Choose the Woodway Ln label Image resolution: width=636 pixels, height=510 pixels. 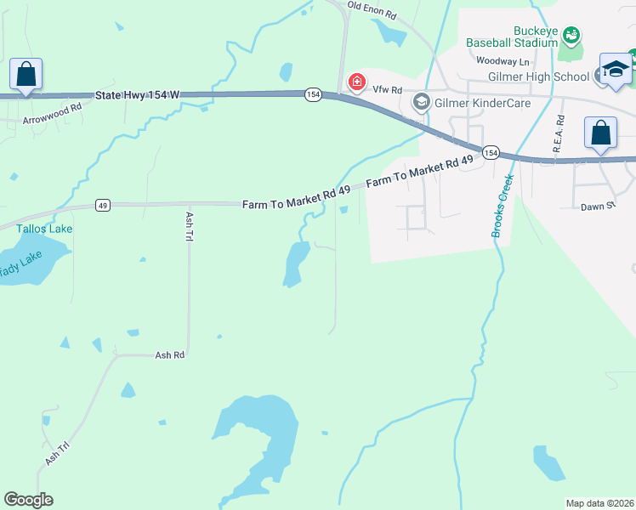[x=503, y=61]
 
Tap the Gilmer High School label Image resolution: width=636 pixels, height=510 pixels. [x=538, y=76]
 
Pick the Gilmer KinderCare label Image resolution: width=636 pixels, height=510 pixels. [x=482, y=103]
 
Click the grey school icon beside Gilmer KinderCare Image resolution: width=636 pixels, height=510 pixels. [x=420, y=103]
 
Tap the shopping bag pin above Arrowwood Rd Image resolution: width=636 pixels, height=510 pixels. [x=26, y=74]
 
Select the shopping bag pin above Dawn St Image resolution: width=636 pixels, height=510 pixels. [x=600, y=133]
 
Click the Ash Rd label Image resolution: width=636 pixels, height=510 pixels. [x=170, y=354]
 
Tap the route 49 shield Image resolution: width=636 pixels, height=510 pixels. [x=102, y=205]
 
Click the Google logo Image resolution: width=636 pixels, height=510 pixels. [x=28, y=500]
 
